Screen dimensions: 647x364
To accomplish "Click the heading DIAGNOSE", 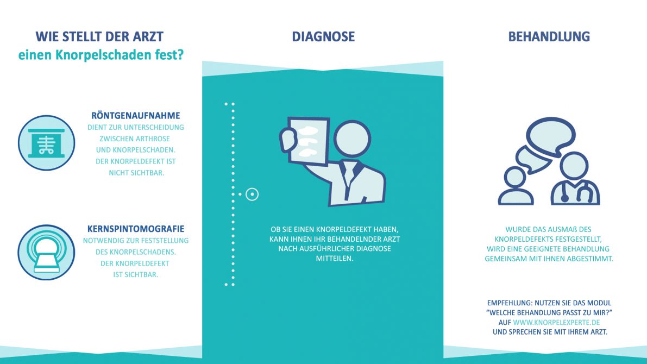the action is (x=323, y=37).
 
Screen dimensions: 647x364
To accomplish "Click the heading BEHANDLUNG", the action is (x=549, y=37).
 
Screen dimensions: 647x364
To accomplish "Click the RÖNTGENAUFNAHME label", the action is (x=136, y=116).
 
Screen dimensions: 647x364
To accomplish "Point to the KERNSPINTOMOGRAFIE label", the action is (x=136, y=229).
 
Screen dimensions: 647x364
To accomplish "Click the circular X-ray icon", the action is (x=46, y=143).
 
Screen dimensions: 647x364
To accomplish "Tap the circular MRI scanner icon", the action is (x=46, y=252).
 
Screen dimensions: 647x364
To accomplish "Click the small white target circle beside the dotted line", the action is (x=252, y=194).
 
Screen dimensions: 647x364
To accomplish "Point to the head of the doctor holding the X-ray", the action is (x=352, y=139).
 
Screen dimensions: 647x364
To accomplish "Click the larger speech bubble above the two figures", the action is (x=550, y=135).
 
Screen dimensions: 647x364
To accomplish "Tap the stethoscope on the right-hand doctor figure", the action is (x=577, y=192).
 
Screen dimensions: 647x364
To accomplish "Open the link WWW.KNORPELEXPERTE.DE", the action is (x=556, y=322).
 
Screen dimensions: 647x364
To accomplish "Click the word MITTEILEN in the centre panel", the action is (x=335, y=259).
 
